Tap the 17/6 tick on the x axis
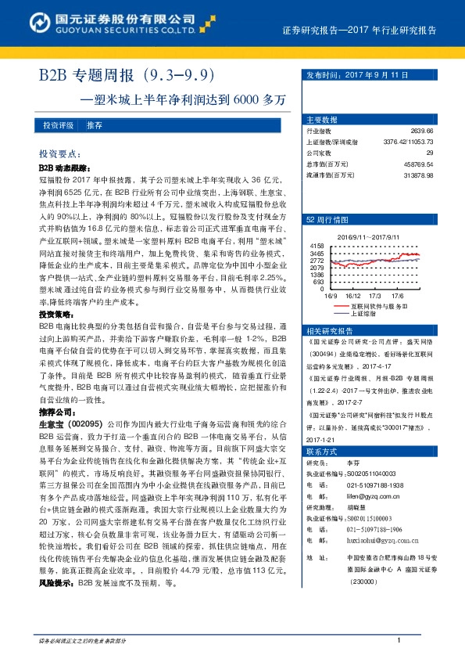click(x=397, y=297)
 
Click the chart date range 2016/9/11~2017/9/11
click(x=367, y=236)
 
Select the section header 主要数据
click(x=322, y=120)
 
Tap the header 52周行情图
click(x=326, y=220)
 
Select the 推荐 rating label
click(x=95, y=125)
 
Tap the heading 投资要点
click(x=59, y=155)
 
